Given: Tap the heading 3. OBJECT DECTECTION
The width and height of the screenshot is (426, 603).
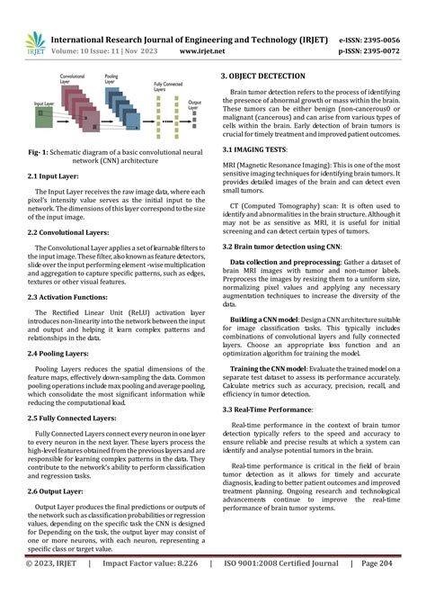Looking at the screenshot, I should coord(272,76).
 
